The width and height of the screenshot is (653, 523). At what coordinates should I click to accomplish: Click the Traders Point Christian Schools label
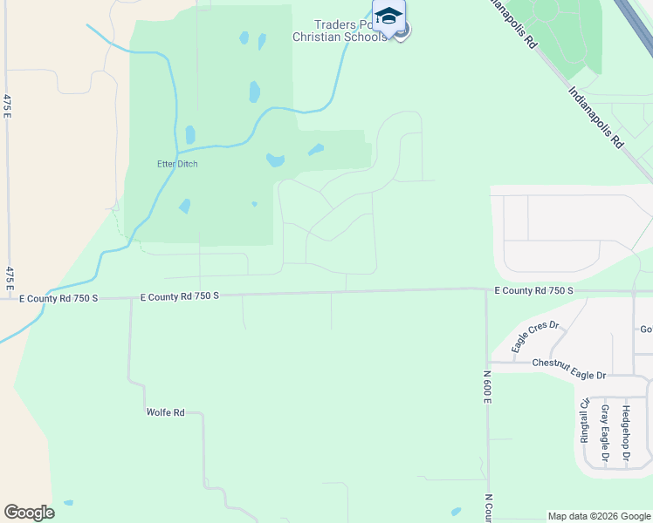[351, 31]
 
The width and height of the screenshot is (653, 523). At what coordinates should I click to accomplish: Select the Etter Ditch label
[177, 164]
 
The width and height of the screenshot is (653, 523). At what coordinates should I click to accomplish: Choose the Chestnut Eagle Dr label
[568, 369]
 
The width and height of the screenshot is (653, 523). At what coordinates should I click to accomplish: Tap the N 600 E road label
[487, 385]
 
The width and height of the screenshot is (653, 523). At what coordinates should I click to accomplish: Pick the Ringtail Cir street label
[584, 421]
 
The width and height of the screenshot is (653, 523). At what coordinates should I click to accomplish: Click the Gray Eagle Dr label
[604, 431]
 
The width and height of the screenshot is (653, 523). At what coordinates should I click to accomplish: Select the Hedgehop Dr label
[625, 431]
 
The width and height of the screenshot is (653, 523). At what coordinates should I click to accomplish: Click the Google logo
[29, 513]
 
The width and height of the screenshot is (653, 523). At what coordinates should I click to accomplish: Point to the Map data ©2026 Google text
[599, 516]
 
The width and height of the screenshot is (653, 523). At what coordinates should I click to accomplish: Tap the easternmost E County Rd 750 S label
[533, 290]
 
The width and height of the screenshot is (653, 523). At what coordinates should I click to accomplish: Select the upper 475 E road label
[7, 110]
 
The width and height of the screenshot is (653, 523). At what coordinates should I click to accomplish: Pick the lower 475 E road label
[10, 277]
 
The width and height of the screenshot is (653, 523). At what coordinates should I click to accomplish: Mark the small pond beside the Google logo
[68, 503]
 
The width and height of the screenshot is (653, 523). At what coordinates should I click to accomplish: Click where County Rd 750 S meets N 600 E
[486, 290]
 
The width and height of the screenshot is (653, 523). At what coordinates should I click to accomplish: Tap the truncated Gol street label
[646, 329]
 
